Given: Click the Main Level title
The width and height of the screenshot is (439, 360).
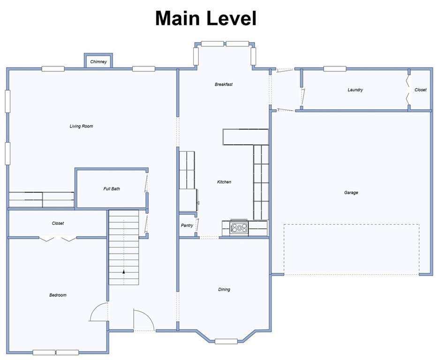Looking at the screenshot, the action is [206, 18].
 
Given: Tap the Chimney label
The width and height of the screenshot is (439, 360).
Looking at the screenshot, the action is [98, 61].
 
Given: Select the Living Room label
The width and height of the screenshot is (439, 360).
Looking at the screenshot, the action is [81, 126].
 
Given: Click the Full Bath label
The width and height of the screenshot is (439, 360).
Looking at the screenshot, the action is [112, 189].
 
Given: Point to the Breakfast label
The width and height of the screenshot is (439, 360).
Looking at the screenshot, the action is [224, 84].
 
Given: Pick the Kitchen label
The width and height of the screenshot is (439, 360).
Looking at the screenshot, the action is [224, 182].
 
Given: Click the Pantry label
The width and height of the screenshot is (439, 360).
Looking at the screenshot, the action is [187, 225].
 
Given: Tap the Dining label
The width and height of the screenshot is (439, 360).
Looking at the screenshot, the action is [224, 290].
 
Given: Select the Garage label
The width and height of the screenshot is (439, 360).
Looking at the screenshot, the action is [351, 193].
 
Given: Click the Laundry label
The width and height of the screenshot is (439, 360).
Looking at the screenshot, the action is [356, 90].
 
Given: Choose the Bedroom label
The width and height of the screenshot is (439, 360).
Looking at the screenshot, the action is [58, 295].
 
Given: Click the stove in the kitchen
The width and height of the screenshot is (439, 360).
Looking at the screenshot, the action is [239, 228].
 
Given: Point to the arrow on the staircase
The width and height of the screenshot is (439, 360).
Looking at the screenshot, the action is [123, 271].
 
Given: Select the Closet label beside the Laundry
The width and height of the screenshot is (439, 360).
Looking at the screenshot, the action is [421, 90].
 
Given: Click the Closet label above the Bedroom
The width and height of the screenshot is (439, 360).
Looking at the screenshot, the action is [58, 223].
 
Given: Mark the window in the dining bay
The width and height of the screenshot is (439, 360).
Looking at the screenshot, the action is [226, 341].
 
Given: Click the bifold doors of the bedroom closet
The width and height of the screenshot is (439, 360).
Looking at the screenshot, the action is [57, 239].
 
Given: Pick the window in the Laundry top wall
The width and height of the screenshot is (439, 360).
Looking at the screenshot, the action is [335, 69].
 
